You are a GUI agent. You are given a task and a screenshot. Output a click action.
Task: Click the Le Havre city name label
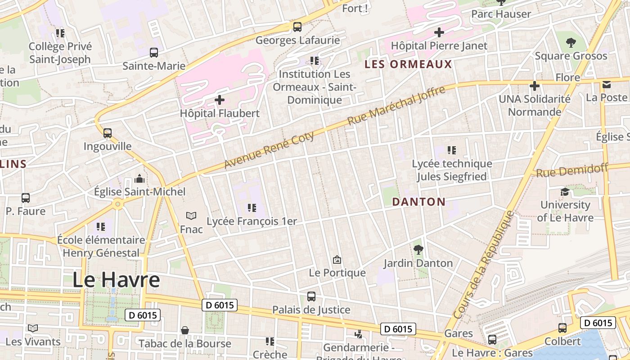pyautogui.click(x=116, y=280)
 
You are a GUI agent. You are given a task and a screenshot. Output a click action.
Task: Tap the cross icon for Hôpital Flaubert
pyautogui.click(x=220, y=99)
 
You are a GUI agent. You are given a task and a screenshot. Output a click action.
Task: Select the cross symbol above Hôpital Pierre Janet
pyautogui.click(x=439, y=32)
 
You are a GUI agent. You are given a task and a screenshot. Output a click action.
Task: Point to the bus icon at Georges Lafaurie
pyautogui.click(x=297, y=27)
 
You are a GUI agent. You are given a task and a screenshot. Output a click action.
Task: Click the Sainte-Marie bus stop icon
pyautogui.click(x=154, y=52)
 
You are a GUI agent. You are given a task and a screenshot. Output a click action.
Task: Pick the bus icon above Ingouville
pyautogui.click(x=107, y=133)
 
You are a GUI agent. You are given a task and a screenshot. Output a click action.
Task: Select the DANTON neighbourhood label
pyautogui.click(x=418, y=202)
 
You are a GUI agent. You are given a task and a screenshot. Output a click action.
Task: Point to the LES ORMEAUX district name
pyautogui.click(x=408, y=64)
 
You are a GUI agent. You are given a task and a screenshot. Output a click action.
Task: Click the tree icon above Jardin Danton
pyautogui.click(x=418, y=249)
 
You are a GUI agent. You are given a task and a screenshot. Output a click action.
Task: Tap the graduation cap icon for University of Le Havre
pyautogui.click(x=564, y=192)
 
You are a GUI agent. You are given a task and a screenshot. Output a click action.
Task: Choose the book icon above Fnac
pyautogui.click(x=191, y=216)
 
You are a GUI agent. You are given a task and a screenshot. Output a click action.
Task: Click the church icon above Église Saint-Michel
pyautogui.click(x=139, y=179)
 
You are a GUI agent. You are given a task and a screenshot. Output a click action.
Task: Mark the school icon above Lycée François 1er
pyautogui.click(x=252, y=208)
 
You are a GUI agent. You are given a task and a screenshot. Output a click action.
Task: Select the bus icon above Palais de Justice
pyautogui.click(x=311, y=296)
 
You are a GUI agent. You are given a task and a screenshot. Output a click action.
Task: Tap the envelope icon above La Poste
pyautogui.click(x=607, y=84)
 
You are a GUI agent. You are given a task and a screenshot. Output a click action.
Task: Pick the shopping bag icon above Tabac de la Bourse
pyautogui.click(x=184, y=330)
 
